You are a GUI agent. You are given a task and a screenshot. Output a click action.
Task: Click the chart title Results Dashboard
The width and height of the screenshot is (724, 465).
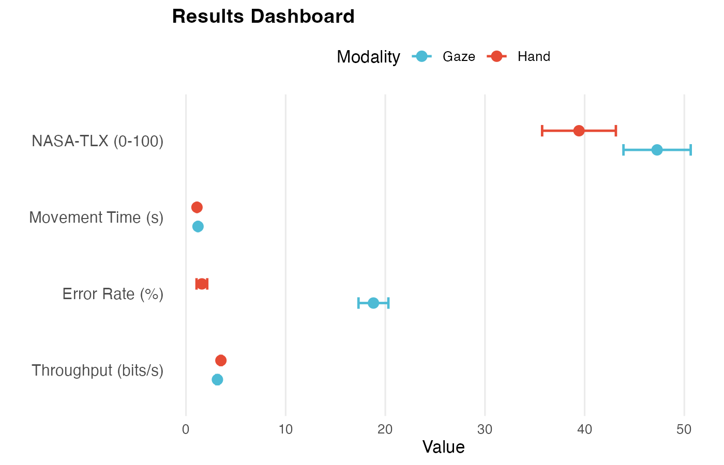click(263, 17)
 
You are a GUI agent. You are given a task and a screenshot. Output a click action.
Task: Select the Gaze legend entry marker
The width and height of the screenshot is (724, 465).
click(422, 56)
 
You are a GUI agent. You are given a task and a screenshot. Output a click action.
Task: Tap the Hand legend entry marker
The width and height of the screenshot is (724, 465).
click(497, 56)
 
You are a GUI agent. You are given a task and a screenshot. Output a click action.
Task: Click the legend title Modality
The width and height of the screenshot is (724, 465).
click(368, 57)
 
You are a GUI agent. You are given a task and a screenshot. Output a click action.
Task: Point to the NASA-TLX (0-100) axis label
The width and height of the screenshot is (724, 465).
click(97, 141)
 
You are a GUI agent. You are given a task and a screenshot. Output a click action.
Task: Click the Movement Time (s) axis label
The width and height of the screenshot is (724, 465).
click(96, 218)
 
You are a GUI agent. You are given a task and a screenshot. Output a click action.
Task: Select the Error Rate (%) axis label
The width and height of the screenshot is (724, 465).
click(113, 294)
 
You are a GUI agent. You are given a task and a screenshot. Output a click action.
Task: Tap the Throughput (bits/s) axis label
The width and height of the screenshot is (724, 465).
click(97, 370)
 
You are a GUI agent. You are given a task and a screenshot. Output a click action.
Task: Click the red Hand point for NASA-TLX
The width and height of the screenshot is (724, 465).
click(579, 131)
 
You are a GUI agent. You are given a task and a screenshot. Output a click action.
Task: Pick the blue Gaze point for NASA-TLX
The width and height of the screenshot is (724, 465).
click(657, 150)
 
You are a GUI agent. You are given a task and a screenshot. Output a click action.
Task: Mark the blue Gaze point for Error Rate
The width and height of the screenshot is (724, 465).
click(373, 303)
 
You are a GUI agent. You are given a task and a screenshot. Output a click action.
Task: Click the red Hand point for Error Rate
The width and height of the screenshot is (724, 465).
click(202, 284)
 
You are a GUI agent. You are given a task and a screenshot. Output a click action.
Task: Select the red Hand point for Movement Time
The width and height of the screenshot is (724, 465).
click(197, 207)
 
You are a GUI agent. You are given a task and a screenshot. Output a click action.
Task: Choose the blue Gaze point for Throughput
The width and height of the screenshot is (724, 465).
click(217, 379)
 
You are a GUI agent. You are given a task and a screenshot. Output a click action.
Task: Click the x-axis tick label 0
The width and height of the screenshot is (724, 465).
click(186, 430)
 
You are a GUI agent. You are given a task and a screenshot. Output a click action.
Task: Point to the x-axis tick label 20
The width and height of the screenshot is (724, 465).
click(385, 430)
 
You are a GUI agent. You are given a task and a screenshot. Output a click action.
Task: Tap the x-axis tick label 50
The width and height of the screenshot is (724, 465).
click(684, 430)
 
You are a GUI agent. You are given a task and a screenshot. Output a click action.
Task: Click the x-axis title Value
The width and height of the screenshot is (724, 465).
click(443, 447)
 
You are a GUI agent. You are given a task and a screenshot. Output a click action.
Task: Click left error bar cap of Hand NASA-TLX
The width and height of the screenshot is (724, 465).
click(542, 131)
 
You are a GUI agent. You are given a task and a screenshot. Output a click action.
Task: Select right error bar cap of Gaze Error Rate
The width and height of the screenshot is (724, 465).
click(388, 303)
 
